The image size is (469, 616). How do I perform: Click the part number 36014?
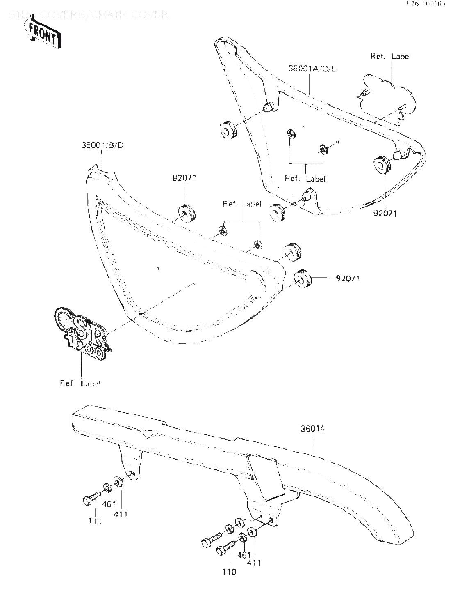pos(312,429)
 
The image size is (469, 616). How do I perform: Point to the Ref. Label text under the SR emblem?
pos(80,384)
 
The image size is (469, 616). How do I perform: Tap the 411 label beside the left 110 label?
pos(121,514)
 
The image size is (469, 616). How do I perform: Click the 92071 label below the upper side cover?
pos(385,214)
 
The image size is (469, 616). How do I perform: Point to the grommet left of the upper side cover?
pos(228,130)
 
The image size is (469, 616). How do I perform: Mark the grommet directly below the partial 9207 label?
pos(187,213)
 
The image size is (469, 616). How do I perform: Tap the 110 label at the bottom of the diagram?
pos(229,571)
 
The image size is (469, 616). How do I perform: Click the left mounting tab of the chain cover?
pos(131,464)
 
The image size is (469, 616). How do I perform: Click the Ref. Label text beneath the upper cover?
pos(305,179)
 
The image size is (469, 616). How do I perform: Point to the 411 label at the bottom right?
pos(254,563)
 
